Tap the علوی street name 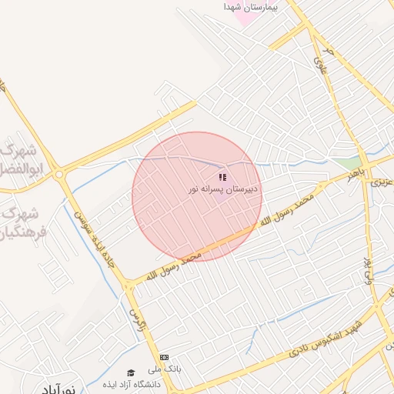click(319, 55)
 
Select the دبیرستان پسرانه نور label click(225, 189)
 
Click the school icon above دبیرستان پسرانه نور click(222, 177)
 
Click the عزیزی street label click(382, 183)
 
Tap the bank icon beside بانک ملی click(164, 358)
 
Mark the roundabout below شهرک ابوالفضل click(59, 175)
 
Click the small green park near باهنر click(350, 163)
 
